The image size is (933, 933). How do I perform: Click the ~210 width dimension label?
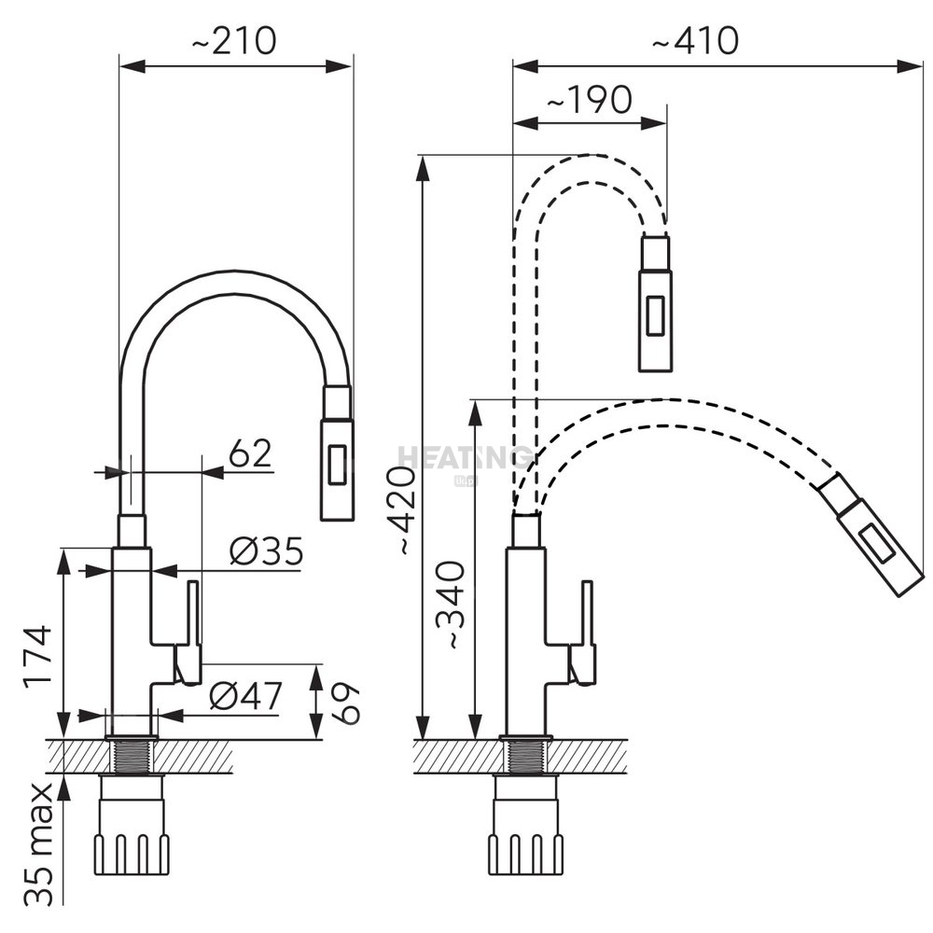236,40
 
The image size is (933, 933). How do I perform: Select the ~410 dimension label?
696,40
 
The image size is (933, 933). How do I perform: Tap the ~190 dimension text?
589,99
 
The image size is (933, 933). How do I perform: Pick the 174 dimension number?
37,656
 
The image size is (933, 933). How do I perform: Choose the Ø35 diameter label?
267,553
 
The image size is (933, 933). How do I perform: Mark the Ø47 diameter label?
244,696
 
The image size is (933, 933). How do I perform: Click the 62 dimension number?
250,453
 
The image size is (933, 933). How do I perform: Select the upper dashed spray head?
655,303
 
